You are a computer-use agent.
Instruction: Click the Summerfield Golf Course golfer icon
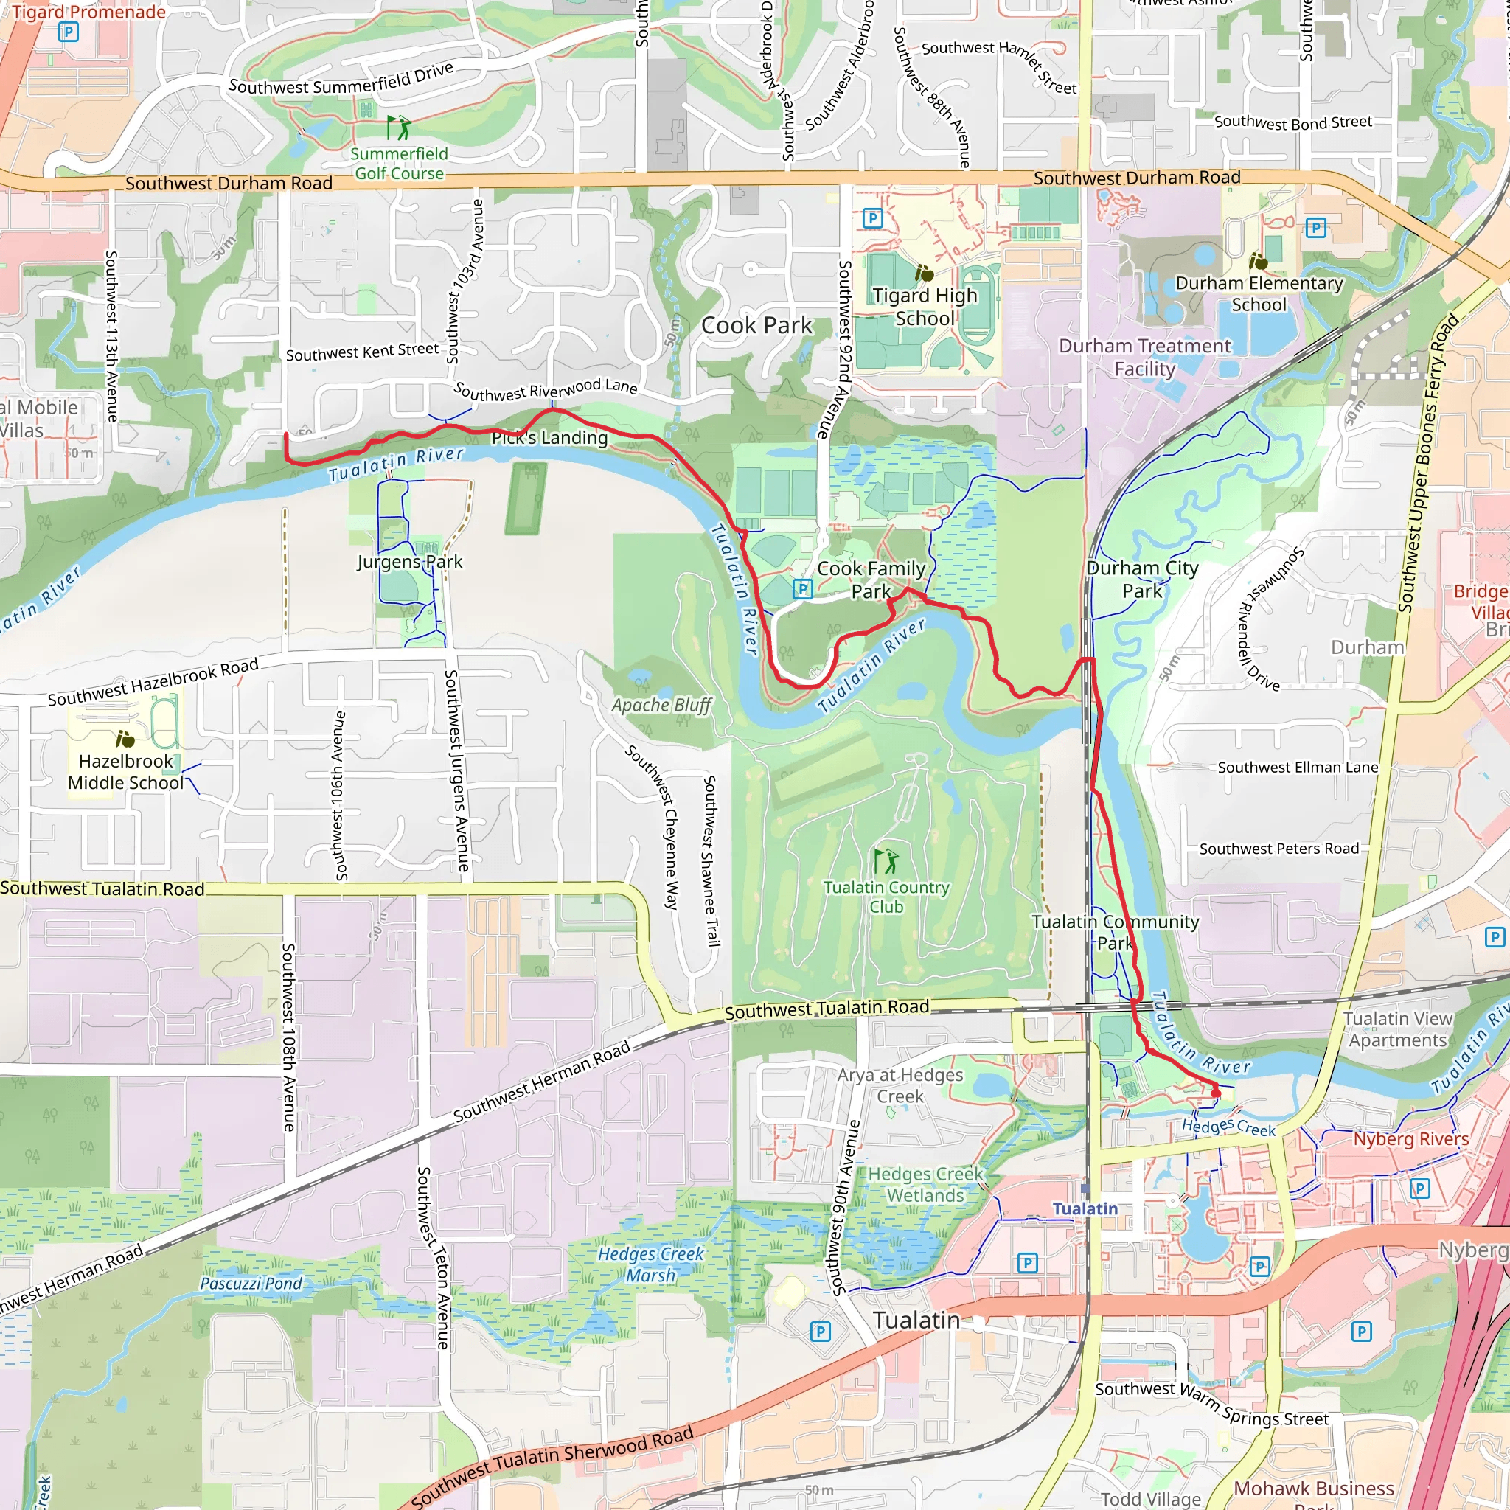coord(399,128)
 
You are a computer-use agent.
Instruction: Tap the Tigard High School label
coord(925,307)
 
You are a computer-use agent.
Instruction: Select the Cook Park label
coord(756,325)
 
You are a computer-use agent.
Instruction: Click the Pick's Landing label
coord(549,438)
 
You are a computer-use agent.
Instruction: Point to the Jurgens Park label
coord(409,561)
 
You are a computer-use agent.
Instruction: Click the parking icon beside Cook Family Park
coord(802,589)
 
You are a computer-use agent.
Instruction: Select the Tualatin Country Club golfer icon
coord(886,861)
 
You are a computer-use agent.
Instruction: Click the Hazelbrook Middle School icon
coord(125,739)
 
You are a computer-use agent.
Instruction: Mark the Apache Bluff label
coord(661,705)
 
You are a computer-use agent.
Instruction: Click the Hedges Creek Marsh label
coord(650,1264)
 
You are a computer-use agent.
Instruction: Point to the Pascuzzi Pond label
coord(251,1284)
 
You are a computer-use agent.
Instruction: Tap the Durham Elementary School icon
coord(1258,261)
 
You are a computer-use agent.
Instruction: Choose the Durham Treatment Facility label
coord(1144,357)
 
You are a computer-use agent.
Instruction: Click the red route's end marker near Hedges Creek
coord(1215,1091)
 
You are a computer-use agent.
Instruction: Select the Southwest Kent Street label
coord(362,352)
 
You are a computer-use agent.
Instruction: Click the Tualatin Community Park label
coord(1115,933)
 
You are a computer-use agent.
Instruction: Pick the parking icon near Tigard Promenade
coord(69,32)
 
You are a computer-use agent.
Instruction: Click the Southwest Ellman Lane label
coord(1298,768)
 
